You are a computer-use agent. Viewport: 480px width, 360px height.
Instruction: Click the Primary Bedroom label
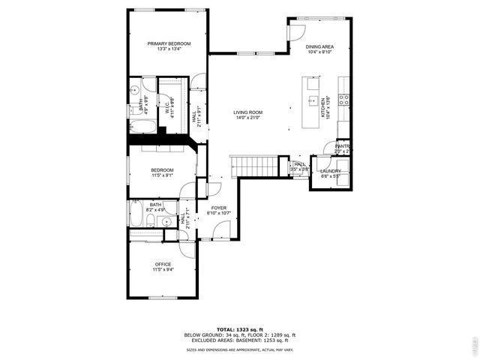coord(169,44)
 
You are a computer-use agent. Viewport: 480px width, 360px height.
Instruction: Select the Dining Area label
coord(319,47)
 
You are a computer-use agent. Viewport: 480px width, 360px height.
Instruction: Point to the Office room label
coord(163,264)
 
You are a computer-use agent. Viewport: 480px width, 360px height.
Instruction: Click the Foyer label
coord(218,208)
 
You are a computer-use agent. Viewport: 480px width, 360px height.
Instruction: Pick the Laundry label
coord(331,171)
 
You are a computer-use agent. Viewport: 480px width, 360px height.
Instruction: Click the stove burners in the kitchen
coord(344,98)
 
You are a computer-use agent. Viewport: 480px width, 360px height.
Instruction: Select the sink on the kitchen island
coord(310,100)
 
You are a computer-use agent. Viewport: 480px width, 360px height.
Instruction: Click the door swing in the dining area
coord(297,31)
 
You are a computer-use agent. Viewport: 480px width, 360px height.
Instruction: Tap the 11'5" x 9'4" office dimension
coord(163,269)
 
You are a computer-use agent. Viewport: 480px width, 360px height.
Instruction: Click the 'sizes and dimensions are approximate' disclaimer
coord(240,349)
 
